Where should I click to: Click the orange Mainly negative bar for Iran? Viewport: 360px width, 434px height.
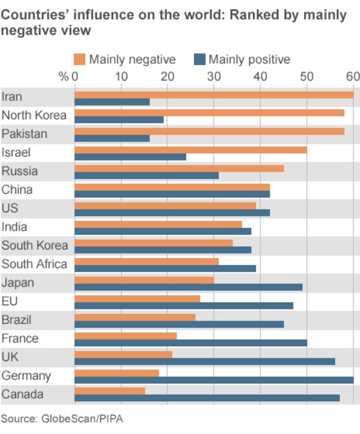click(213, 95)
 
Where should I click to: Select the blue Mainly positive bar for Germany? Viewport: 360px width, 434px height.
click(213, 380)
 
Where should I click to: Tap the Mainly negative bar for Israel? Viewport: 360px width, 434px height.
click(190, 150)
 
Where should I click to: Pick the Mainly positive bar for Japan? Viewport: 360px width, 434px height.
click(188, 287)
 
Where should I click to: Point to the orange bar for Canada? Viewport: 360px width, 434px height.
click(110, 391)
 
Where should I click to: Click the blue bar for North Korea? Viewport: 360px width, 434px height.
click(119, 120)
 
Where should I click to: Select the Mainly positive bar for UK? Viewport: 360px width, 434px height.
click(204, 361)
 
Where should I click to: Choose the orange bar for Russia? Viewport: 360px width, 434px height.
click(179, 168)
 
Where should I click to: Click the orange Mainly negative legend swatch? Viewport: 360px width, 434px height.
click(80, 59)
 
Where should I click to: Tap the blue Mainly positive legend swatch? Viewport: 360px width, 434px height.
click(199, 59)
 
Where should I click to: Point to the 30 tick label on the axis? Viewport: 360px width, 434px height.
click(213, 76)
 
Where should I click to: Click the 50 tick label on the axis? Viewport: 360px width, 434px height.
click(306, 76)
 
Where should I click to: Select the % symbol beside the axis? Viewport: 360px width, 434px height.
click(63, 76)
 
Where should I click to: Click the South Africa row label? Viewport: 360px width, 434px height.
click(34, 264)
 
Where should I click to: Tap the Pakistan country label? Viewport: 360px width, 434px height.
click(24, 134)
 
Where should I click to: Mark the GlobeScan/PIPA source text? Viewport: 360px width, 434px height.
click(81, 418)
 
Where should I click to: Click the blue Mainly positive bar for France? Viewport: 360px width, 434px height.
click(190, 343)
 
